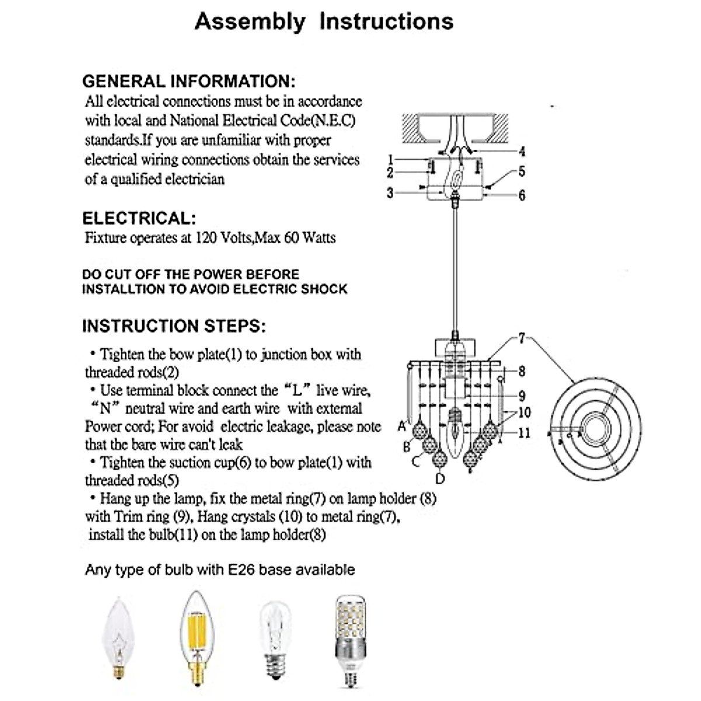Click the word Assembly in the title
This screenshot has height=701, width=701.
pyautogui.click(x=250, y=22)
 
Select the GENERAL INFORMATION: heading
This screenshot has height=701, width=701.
pyautogui.click(x=189, y=81)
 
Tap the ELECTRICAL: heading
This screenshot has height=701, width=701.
pyautogui.click(x=139, y=218)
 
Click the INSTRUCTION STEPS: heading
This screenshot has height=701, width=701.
pyautogui.click(x=173, y=326)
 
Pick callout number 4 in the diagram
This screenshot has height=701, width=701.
pyautogui.click(x=522, y=151)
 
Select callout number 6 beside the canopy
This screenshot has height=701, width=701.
pyautogui.click(x=522, y=195)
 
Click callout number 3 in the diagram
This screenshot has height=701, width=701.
pyautogui.click(x=390, y=192)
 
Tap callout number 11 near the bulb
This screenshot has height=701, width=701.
pyautogui.click(x=524, y=433)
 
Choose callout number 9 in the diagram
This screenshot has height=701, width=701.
pyautogui.click(x=522, y=395)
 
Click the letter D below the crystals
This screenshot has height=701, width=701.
pyautogui.click(x=440, y=479)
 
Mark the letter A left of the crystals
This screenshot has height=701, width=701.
pyautogui.click(x=402, y=426)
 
